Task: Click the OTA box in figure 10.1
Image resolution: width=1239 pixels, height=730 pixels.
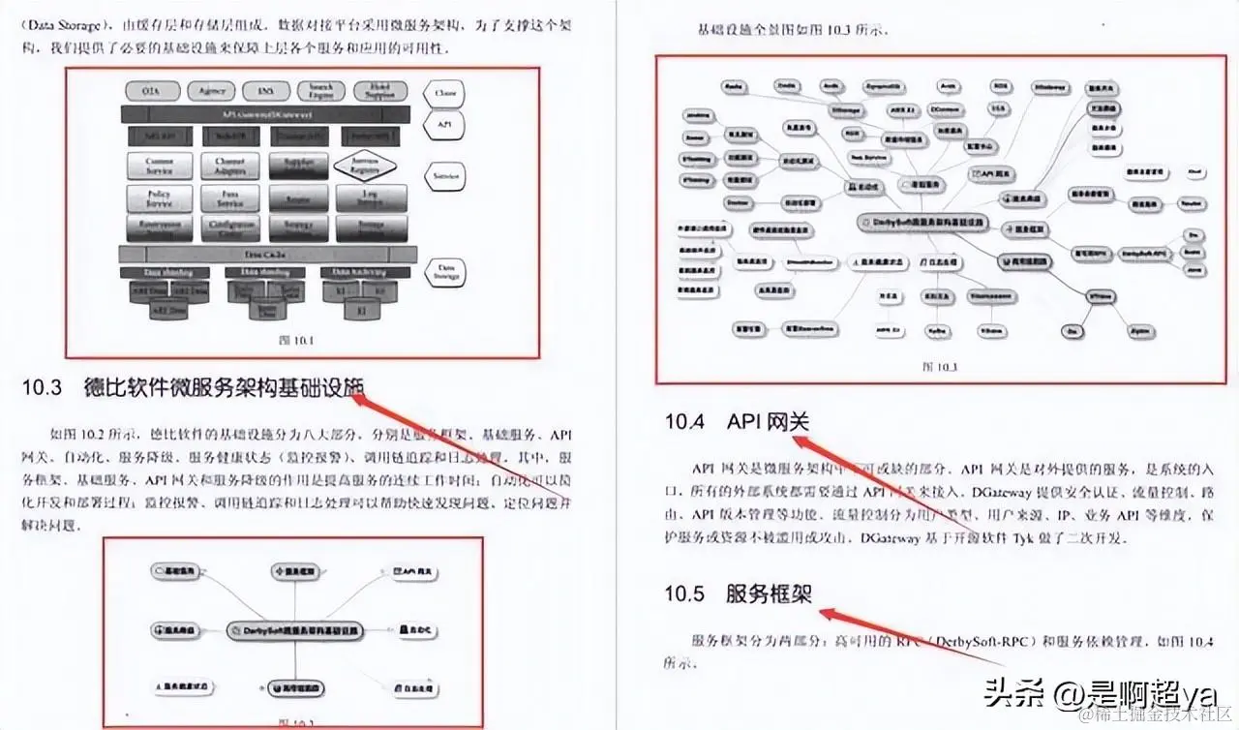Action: (151, 91)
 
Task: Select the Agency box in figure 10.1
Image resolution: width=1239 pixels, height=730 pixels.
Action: (212, 91)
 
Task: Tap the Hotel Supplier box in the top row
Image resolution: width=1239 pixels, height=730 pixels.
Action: (380, 91)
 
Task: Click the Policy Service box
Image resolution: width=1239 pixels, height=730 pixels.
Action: (160, 198)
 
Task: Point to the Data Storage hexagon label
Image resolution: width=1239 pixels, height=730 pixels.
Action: (446, 270)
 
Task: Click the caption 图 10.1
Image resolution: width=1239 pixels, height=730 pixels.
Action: (290, 339)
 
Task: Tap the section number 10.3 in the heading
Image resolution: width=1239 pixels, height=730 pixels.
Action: (42, 388)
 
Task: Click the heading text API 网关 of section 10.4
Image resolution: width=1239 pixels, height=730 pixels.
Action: (768, 422)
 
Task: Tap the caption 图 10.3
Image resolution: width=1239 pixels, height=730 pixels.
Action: (939, 367)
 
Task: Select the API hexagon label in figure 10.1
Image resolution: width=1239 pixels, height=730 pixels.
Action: (446, 125)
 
